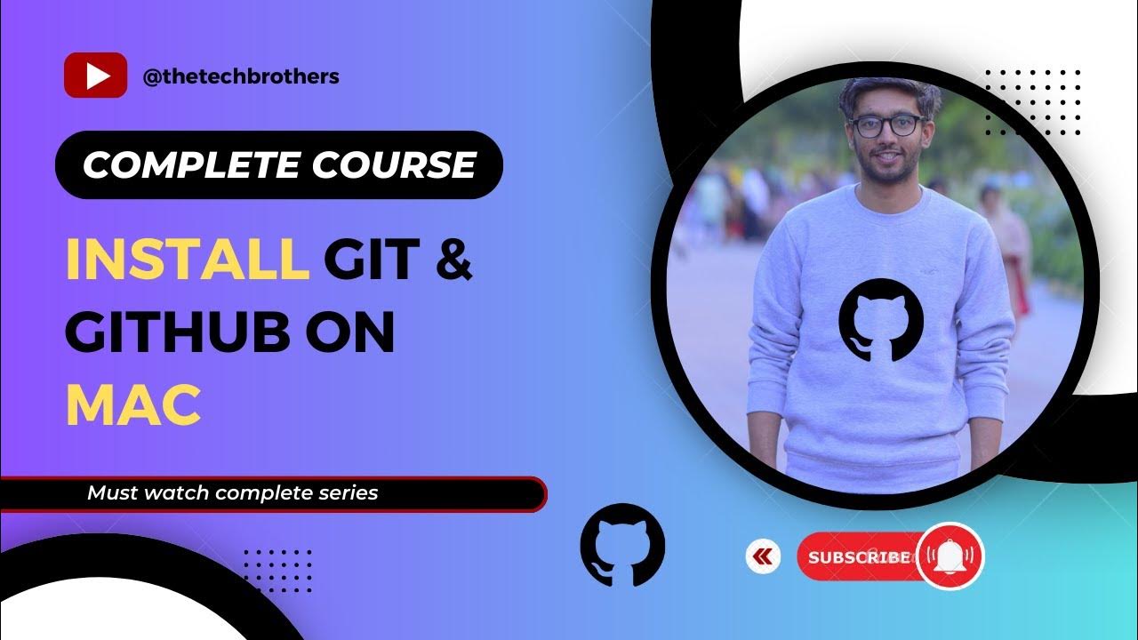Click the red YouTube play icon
click(95, 76)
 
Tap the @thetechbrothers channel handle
click(241, 76)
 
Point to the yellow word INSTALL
click(187, 260)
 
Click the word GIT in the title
click(371, 260)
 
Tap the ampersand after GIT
click(454, 260)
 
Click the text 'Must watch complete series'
click(233, 492)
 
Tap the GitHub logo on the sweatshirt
click(881, 320)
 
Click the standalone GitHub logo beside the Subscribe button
click(622, 545)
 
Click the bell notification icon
click(950, 556)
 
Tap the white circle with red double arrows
click(763, 557)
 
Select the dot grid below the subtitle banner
click(277, 570)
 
